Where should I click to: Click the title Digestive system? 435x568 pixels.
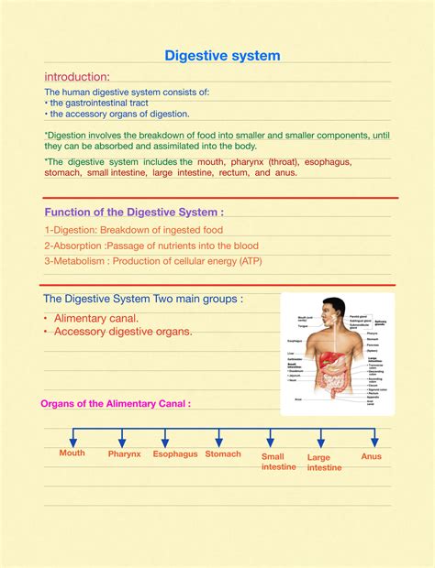(x=222, y=56)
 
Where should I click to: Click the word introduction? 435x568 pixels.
(x=77, y=76)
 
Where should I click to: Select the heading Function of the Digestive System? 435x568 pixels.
(x=134, y=212)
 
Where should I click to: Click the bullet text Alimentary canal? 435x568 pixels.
(x=96, y=317)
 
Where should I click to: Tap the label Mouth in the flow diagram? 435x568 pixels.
(x=72, y=453)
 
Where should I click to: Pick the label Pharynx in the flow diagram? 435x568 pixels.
(x=124, y=453)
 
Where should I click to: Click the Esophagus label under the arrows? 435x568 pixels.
(x=174, y=453)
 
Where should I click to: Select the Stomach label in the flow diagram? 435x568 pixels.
(x=223, y=453)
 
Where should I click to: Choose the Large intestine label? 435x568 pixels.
(x=325, y=462)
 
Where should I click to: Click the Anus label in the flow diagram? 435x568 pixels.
(x=372, y=455)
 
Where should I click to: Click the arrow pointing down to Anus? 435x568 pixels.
(x=373, y=437)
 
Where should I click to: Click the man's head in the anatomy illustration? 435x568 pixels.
(x=335, y=311)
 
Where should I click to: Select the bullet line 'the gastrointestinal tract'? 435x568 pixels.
(x=100, y=104)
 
